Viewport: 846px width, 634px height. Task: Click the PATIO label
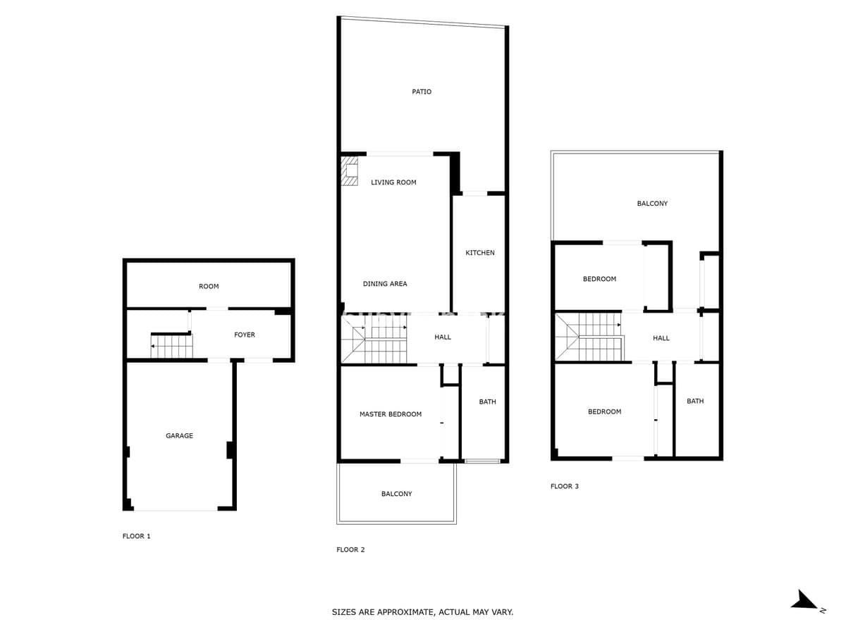[422, 92]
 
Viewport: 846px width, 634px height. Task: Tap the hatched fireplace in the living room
[349, 170]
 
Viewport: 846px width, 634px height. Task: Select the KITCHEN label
[479, 252]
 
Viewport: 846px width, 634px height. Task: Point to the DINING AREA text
[385, 284]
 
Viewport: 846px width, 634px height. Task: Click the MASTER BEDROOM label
[391, 414]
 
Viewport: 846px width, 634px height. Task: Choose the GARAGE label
[179, 436]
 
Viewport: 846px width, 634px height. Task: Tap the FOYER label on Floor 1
[245, 335]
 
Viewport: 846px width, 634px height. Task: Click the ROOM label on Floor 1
[209, 287]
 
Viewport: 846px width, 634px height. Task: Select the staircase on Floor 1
[171, 345]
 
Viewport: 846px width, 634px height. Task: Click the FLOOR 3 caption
[564, 486]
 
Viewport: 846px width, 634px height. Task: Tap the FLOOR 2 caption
[350, 549]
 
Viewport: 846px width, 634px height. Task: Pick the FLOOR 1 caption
[137, 536]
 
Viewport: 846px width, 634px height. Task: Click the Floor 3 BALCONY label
[651, 204]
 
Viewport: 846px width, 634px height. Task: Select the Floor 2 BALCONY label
[396, 494]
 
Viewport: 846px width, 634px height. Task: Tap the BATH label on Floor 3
[695, 401]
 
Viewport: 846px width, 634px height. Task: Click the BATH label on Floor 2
[487, 402]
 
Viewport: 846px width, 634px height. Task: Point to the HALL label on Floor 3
[661, 338]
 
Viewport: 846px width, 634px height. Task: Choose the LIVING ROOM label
[393, 182]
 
